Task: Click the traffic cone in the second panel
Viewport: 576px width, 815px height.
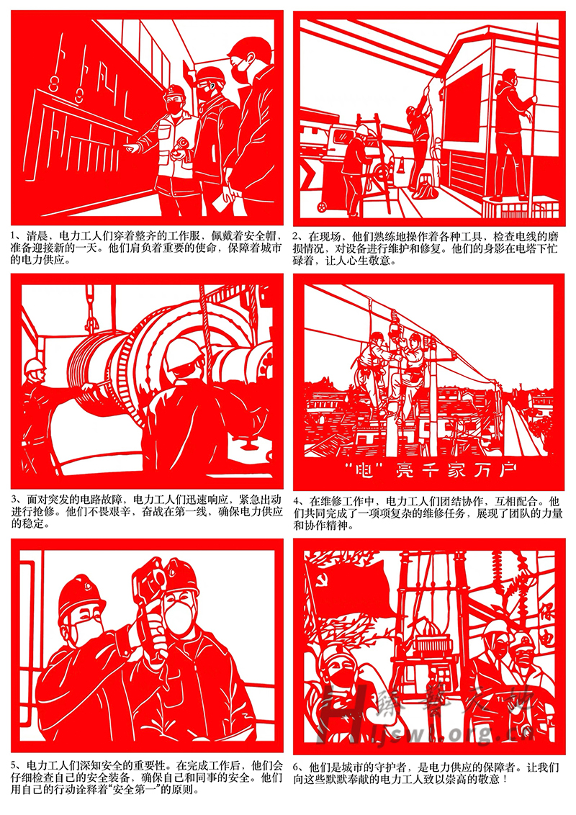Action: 401,167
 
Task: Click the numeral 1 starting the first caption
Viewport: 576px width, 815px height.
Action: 14,236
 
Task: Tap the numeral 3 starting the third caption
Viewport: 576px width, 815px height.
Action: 14,500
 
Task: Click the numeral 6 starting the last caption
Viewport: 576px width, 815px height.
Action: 297,767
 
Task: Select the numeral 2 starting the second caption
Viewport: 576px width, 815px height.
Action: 297,236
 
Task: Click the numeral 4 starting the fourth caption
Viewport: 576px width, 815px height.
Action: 297,502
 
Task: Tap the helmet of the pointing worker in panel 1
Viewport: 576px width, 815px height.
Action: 174,94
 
